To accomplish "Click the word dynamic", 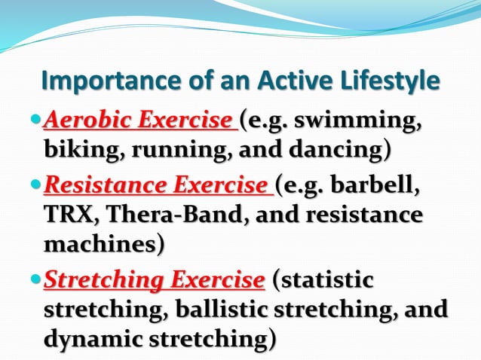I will pos(91,339).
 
